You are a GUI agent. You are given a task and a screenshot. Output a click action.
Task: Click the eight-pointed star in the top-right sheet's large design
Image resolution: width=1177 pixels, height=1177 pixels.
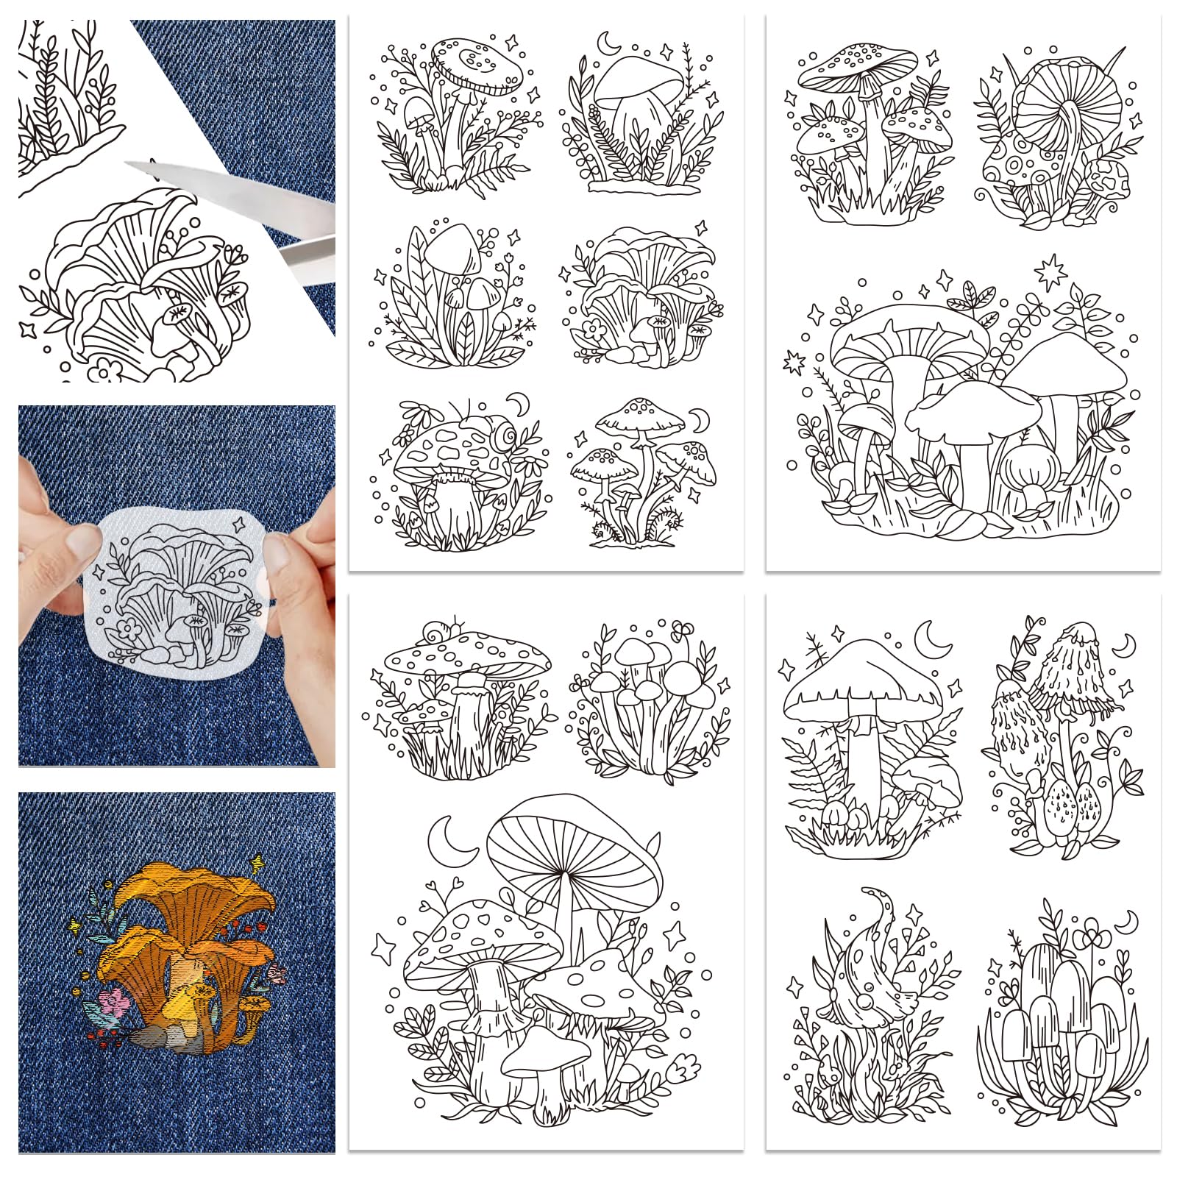point(1050,274)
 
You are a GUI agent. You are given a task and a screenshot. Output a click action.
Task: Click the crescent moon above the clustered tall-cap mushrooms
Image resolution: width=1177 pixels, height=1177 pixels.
point(1126,920)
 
